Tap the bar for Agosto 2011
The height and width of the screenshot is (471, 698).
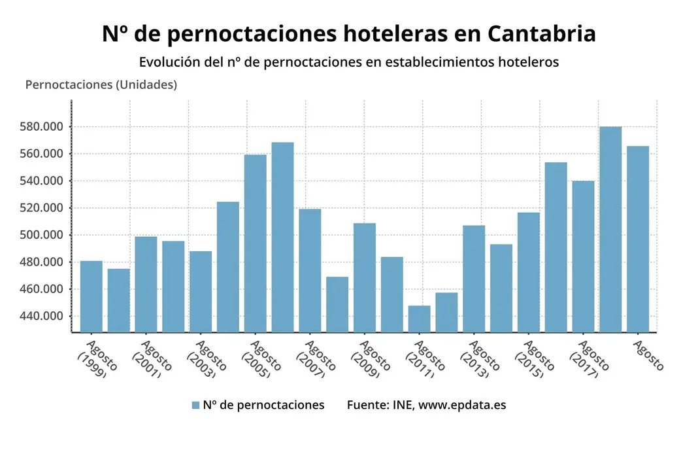[x=420, y=319]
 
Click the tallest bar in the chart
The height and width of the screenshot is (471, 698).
[x=610, y=229]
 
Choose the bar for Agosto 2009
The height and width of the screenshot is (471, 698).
[x=365, y=277]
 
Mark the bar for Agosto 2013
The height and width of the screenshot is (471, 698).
[x=474, y=278]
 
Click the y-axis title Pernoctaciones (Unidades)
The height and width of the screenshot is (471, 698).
[x=101, y=85]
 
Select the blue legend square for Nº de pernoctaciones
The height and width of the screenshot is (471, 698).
[x=195, y=405]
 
